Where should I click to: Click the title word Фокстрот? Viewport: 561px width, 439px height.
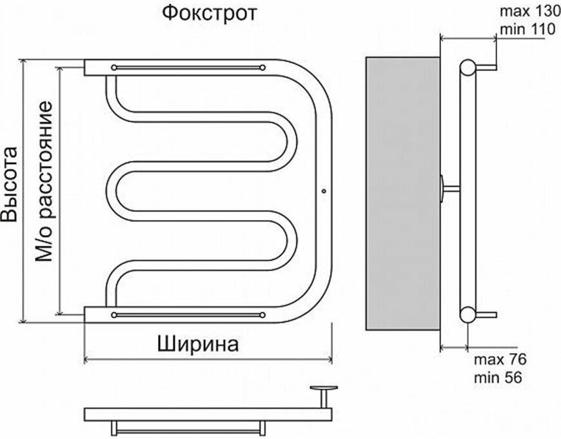tap(209, 13)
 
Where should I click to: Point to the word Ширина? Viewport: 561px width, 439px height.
tap(197, 343)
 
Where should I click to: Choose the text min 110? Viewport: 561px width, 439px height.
tap(523, 28)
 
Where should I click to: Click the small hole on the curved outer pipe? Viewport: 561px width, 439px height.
tap(324, 191)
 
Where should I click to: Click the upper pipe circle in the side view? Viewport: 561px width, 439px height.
tap(468, 66)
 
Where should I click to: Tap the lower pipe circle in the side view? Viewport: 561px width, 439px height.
tap(467, 314)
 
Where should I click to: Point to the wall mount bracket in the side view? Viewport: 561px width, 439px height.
tap(448, 189)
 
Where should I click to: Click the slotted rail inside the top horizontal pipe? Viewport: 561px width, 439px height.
tap(188, 67)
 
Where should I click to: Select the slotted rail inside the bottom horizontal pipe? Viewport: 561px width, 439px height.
tap(188, 314)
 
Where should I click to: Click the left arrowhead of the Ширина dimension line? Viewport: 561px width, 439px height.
tap(87, 358)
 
